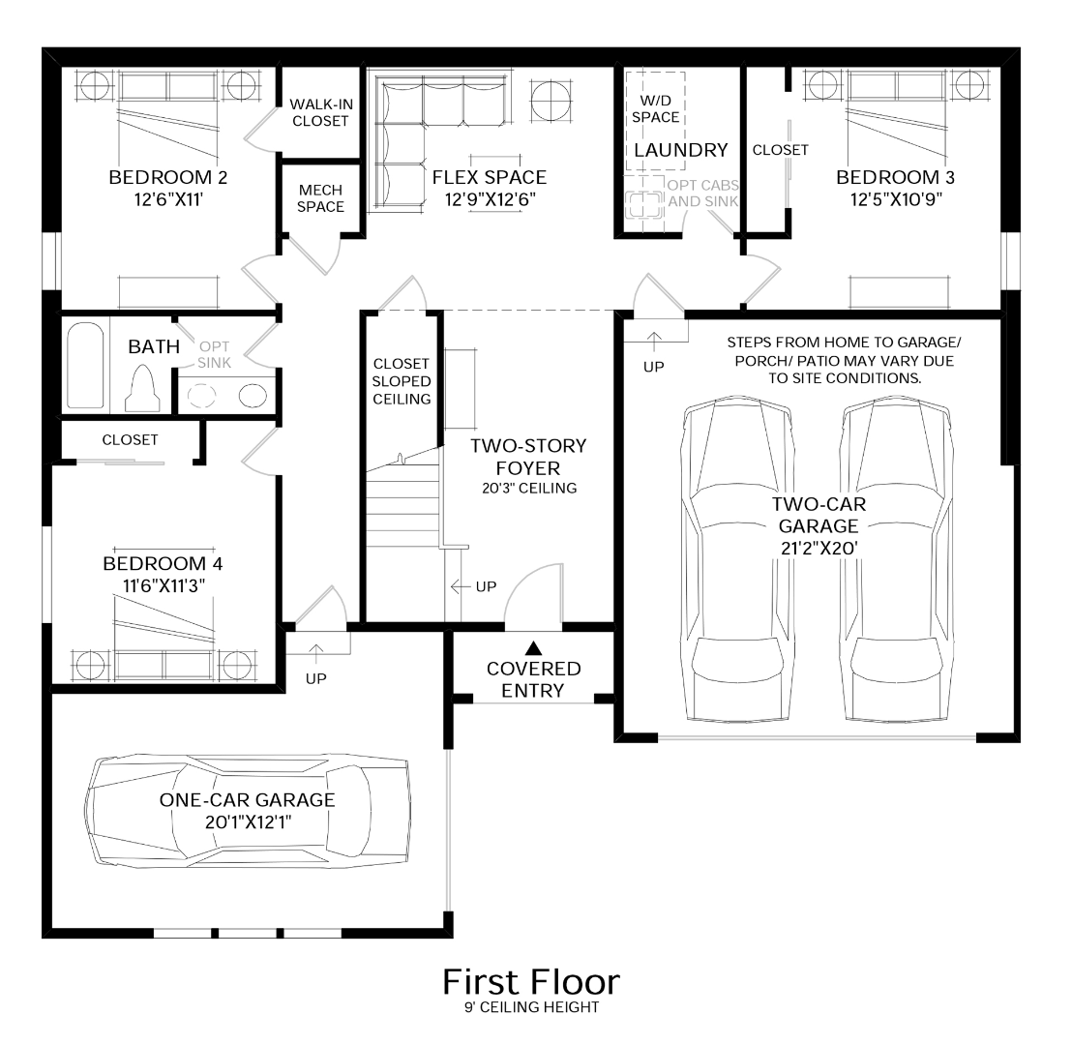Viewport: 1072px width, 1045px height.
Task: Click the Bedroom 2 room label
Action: tap(168, 177)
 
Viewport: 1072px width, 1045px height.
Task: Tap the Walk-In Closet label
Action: tap(320, 113)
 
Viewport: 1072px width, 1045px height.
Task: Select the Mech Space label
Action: tap(320, 198)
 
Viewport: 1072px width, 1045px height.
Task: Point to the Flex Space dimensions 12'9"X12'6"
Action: tap(491, 199)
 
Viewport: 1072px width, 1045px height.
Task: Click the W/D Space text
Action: tap(656, 108)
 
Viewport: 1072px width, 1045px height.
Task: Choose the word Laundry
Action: tap(681, 150)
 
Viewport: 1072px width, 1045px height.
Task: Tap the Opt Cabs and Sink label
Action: tap(702, 194)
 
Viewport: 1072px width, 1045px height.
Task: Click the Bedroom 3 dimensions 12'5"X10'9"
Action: tap(896, 199)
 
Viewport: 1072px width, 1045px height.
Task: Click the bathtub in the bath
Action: tap(85, 366)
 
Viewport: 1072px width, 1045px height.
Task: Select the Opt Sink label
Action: tap(214, 354)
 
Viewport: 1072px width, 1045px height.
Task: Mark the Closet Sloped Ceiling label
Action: tap(402, 381)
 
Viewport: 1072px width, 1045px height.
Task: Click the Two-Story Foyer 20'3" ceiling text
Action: tap(528, 488)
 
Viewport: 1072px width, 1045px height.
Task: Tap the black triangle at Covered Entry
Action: tap(533, 647)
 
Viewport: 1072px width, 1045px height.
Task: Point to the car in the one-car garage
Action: tap(248, 812)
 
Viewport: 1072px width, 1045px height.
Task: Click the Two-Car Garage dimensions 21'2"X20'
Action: tap(819, 549)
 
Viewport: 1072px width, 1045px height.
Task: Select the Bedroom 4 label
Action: tap(163, 563)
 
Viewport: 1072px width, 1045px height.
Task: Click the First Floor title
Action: tap(531, 982)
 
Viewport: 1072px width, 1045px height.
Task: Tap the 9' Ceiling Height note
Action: tap(532, 1007)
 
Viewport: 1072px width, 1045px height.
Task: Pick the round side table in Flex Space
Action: tap(551, 101)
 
